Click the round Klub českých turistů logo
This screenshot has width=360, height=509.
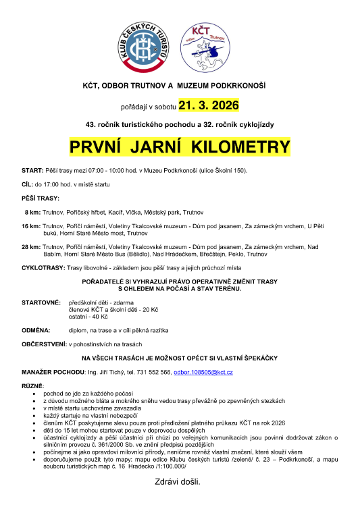click(x=143, y=48)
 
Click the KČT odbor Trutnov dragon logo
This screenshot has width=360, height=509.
click(x=208, y=49)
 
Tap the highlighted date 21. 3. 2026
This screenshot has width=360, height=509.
click(x=208, y=105)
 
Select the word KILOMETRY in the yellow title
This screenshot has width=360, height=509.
click(x=241, y=147)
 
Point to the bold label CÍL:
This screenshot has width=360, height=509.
click(x=28, y=184)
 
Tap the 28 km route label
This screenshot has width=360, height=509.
click(x=30, y=247)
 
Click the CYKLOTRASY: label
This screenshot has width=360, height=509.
click(x=43, y=268)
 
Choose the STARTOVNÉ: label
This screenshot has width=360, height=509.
click(x=41, y=302)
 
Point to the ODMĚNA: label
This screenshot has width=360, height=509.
click(x=36, y=330)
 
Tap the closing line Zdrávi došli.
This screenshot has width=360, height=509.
click(x=178, y=481)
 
